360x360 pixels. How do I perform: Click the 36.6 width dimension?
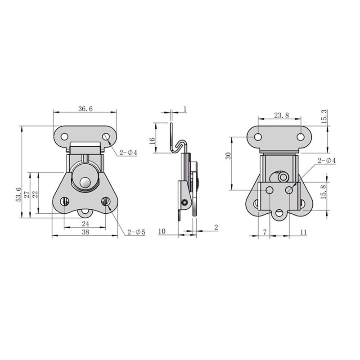tap(85, 109)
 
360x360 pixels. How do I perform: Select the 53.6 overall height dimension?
tap(18, 194)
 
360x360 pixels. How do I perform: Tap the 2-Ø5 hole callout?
tap(136, 232)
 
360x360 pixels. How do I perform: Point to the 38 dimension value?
tap(85, 232)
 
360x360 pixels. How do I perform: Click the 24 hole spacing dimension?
tap(85, 224)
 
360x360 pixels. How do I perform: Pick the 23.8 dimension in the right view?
tap(281, 115)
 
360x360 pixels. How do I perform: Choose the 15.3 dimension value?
tap(324, 117)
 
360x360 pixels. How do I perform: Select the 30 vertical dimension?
tap(228, 156)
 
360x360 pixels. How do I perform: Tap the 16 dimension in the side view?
tap(152, 140)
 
